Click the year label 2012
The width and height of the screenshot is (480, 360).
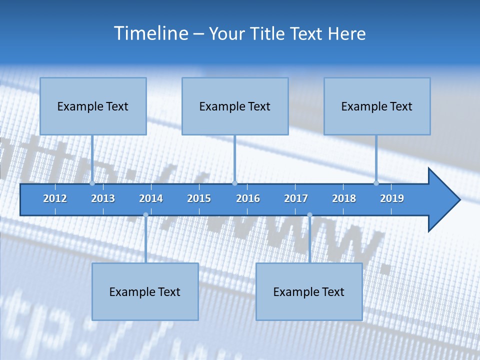coord(55,198)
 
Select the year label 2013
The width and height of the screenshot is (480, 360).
coord(103,198)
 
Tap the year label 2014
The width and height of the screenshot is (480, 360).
coord(151,198)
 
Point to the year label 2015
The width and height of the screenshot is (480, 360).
coord(199,198)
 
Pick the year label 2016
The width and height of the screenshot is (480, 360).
coord(248,198)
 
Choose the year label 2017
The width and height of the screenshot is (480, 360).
coord(296,198)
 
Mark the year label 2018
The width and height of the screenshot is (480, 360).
coord(344,198)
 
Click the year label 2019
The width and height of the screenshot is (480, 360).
coord(392,198)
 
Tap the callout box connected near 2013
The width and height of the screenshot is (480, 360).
coord(93,106)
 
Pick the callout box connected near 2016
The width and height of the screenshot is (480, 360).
coord(235,106)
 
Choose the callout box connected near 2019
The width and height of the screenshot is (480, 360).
coord(377,106)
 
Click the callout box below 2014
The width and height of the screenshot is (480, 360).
coord(145,291)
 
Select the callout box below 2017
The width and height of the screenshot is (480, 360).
coord(309,291)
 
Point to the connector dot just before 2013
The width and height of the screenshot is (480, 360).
coord(92,183)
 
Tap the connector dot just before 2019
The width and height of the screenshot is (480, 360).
coord(376,183)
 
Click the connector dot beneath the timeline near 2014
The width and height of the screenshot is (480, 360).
coord(145,215)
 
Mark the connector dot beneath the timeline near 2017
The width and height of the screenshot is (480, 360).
coord(309,215)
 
